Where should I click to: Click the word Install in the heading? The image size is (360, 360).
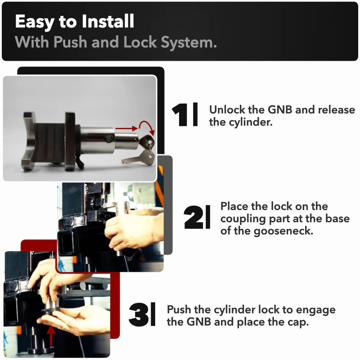click(x=108, y=21)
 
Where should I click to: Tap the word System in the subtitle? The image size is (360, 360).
click(x=189, y=42)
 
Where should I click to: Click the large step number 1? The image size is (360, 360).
click(x=180, y=115)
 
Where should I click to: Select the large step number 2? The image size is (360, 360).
click(x=193, y=217)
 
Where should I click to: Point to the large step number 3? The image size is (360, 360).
click(x=139, y=315)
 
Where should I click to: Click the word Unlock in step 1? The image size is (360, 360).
click(x=227, y=109)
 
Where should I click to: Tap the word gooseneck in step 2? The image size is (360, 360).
click(x=283, y=231)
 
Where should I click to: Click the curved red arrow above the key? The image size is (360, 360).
click(x=148, y=127)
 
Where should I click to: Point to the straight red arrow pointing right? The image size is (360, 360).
click(x=126, y=128)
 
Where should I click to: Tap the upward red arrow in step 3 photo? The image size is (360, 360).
click(x=51, y=335)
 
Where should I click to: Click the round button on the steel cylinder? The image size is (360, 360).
click(x=108, y=139)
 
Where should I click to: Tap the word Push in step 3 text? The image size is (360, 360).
click(x=179, y=310)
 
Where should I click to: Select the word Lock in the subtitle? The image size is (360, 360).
click(x=140, y=42)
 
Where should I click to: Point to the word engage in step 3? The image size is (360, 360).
click(x=315, y=310)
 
